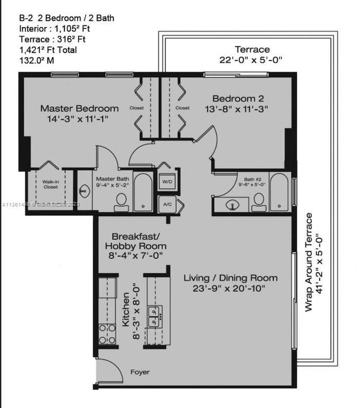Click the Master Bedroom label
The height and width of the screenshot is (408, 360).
point(79,108)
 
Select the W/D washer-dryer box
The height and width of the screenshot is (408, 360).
point(167,181)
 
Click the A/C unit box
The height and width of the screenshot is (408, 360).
point(167,204)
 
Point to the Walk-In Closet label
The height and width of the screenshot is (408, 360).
point(50,184)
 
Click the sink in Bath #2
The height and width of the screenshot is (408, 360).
point(232,205)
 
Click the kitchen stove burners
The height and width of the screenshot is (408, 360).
point(107,333)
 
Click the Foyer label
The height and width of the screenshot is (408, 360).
point(139,372)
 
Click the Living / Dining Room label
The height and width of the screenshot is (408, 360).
point(231,278)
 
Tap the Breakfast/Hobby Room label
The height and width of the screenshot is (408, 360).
point(139,241)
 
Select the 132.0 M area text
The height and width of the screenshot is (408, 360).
point(37,61)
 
